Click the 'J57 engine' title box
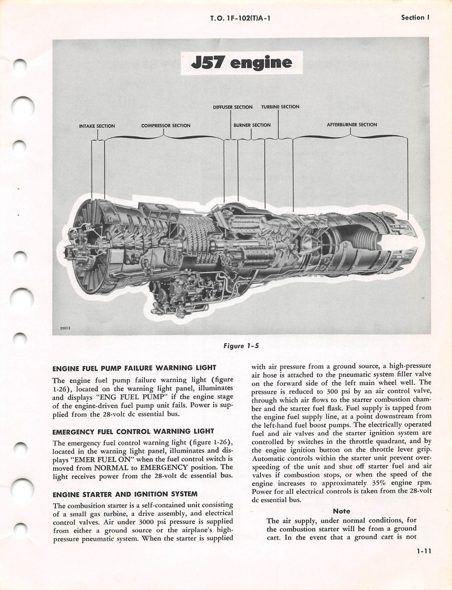point(241,63)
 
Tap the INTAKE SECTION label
point(97,126)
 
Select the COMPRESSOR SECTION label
point(166,125)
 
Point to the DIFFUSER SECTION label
point(232,107)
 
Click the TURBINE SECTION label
point(280,107)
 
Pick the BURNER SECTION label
point(252,125)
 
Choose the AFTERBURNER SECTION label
point(352,125)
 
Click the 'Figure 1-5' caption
point(241,346)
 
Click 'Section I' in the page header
point(415,17)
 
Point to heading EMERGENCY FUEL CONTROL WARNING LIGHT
point(133,432)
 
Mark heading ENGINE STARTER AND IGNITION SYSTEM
point(125,494)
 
